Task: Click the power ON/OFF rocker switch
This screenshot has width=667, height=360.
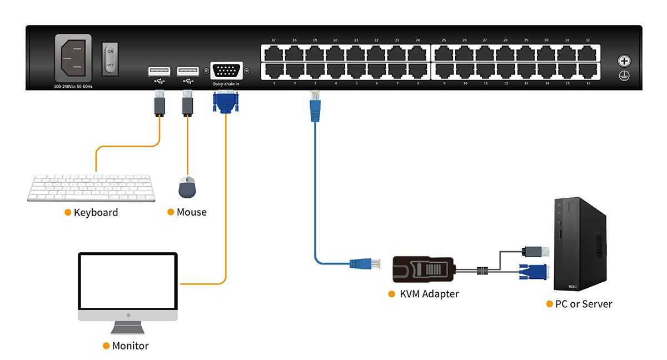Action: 110,58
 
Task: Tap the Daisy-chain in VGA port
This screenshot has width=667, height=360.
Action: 226,72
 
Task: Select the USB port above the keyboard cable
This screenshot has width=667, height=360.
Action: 159,71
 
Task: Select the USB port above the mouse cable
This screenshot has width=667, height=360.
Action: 187,71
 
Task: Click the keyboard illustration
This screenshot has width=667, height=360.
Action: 92,188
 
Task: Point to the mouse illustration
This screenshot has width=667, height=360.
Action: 187,187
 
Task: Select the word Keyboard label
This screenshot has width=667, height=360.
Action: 96,212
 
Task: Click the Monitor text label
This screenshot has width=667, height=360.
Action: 130,346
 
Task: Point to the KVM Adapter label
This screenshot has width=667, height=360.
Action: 429,293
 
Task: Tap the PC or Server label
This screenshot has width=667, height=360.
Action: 583,304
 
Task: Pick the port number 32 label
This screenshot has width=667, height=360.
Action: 588,41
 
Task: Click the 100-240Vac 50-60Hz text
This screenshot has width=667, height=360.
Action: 73,87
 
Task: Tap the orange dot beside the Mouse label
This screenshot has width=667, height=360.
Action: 171,212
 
